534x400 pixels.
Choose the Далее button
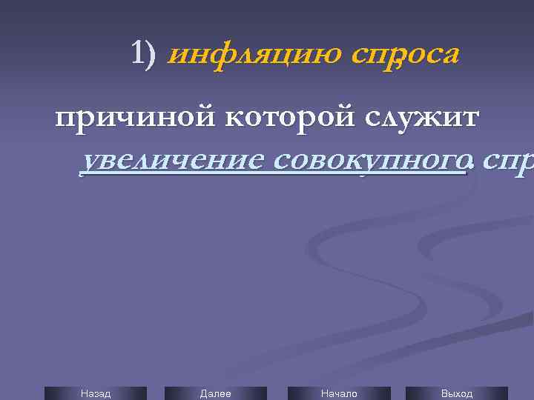click(x=216, y=393)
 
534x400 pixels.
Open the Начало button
click(x=339, y=393)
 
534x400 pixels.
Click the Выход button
click(x=457, y=393)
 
